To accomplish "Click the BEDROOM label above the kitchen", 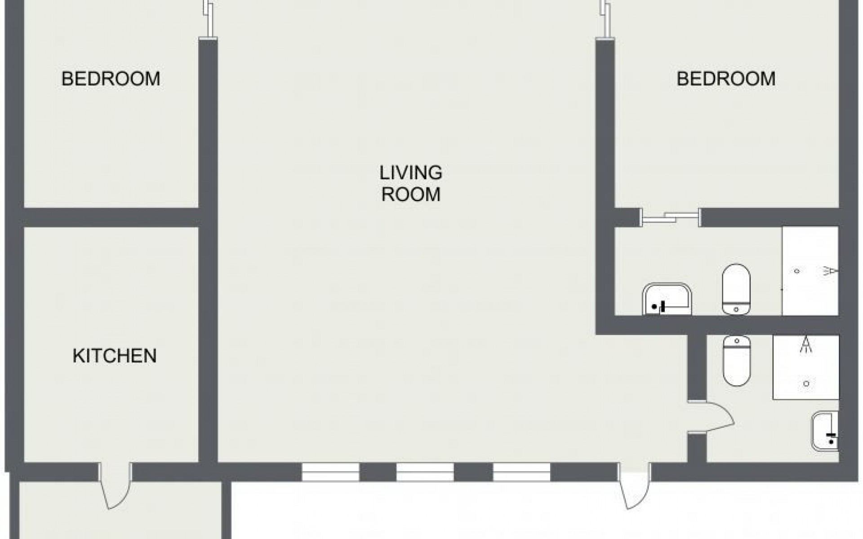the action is pos(111,79).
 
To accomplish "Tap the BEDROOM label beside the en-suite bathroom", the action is pos(726,79).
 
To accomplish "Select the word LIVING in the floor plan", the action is pos(411,172).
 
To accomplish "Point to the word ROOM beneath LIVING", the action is pos(411,194).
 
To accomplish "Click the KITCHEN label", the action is pos(115,356).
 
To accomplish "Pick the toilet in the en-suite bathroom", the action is pos(736,289).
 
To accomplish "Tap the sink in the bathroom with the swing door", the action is pos(825,431).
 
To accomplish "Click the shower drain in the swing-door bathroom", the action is pos(806,384).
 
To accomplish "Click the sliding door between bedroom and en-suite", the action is pos(670,218).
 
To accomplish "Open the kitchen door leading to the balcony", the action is pos(115,486).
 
